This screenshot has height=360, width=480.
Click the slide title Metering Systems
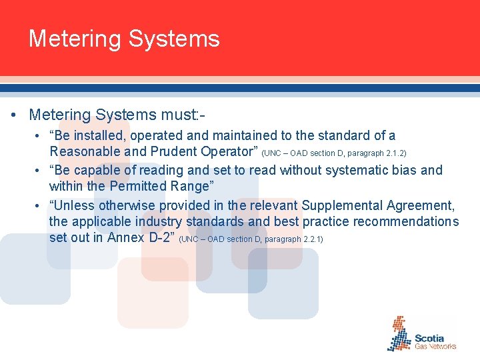(124, 39)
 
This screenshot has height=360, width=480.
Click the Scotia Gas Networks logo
(422, 335)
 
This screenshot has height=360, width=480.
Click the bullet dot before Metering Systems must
(15, 115)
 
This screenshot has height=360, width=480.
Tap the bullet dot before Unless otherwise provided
(39, 205)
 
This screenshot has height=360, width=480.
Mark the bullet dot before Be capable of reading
(39, 171)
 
